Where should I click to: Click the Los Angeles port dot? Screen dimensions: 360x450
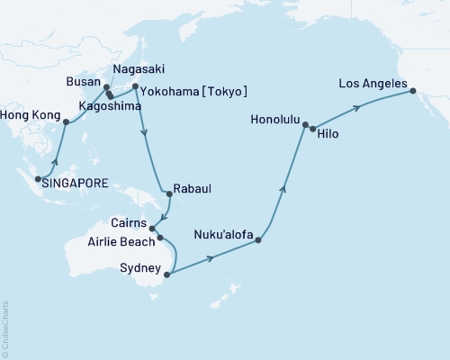[x=413, y=91]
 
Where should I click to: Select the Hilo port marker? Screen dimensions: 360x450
[x=312, y=130]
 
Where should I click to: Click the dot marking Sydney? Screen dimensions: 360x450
[x=167, y=274]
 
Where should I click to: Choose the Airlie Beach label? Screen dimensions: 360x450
[x=126, y=243]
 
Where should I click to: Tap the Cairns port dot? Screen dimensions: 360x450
[x=151, y=229]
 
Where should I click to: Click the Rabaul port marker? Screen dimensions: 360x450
[x=168, y=193]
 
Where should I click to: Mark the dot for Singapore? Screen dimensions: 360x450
[x=37, y=180]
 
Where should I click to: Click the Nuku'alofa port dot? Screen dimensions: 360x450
[x=258, y=240]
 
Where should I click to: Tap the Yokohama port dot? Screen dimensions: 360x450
[x=135, y=87]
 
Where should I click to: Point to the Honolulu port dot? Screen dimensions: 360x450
[x=305, y=125]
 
